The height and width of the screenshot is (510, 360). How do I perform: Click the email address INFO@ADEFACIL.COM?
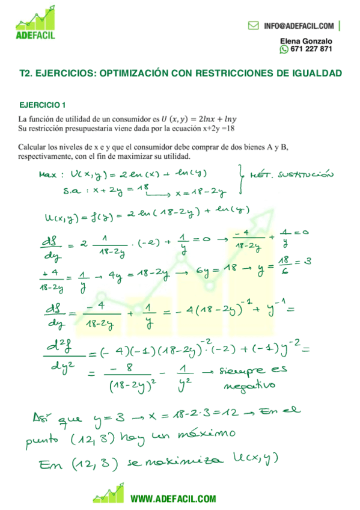[x=299, y=26]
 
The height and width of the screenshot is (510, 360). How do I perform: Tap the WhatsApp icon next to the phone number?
[x=284, y=49]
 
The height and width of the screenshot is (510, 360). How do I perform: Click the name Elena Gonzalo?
[x=306, y=41]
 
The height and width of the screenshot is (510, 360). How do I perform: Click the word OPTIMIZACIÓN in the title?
[x=133, y=73]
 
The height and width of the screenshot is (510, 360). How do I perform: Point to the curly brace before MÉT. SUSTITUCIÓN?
[x=242, y=180]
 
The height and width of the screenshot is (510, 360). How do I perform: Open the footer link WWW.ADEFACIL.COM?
[x=173, y=498]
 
